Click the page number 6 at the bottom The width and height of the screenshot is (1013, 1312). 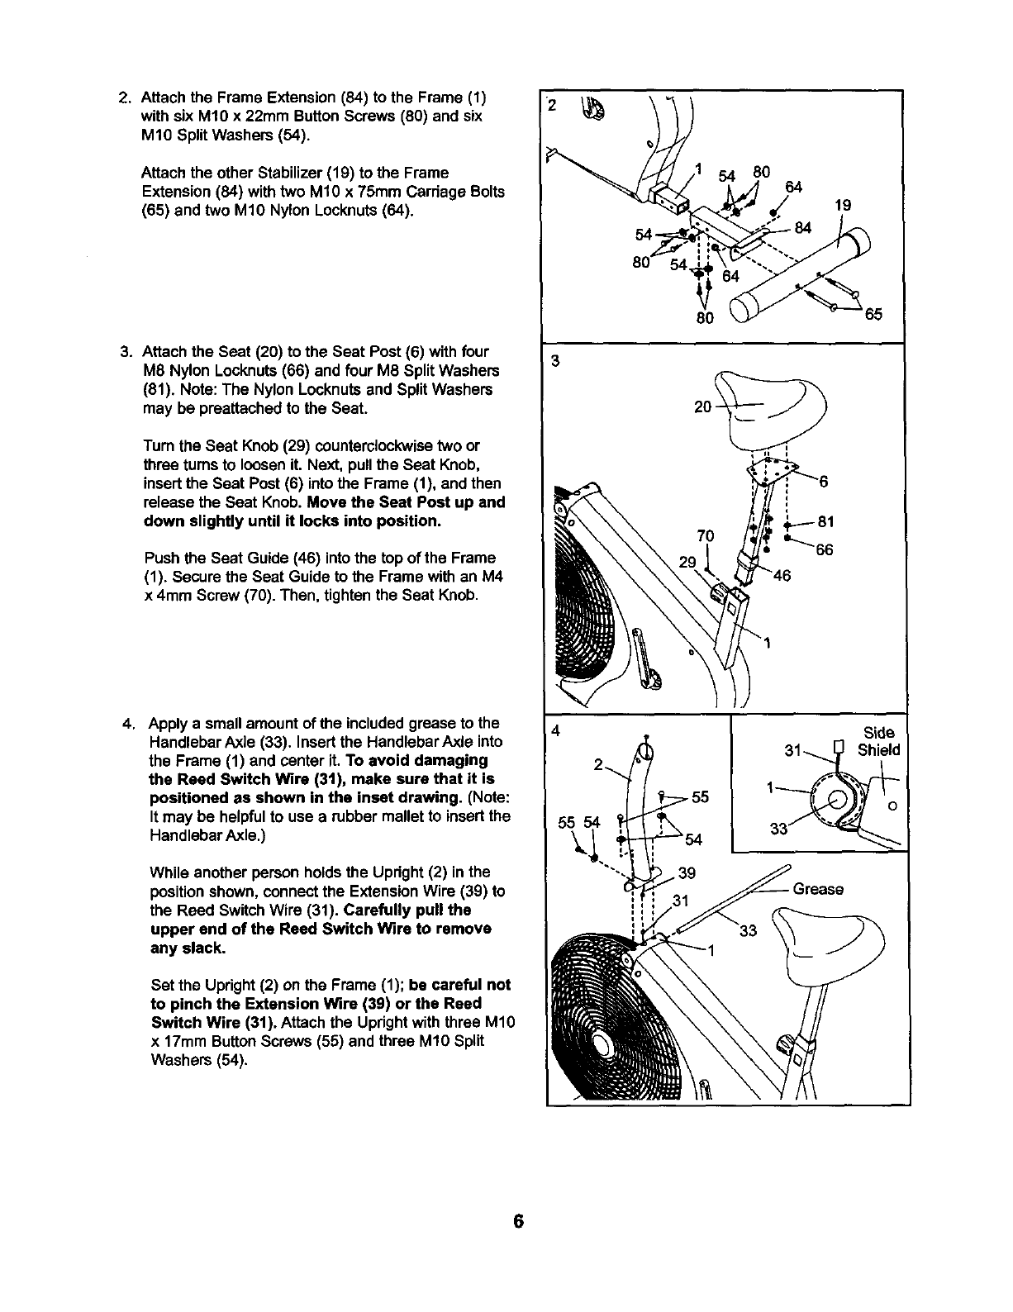(x=518, y=1222)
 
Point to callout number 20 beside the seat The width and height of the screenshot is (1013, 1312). (x=703, y=407)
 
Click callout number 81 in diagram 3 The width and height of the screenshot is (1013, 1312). (x=825, y=522)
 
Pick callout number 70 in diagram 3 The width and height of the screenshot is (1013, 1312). (x=705, y=535)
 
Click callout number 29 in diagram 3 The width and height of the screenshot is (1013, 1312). (x=687, y=563)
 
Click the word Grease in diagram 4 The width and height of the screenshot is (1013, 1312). (x=818, y=890)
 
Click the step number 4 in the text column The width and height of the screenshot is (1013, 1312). (x=127, y=725)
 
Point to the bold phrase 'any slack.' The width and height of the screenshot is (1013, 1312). (x=187, y=948)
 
